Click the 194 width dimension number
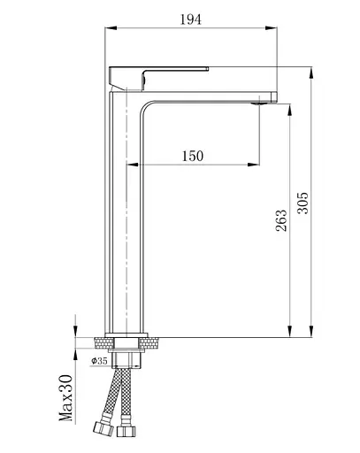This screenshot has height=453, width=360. coord(191,19)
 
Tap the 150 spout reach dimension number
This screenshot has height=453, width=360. coord(193,156)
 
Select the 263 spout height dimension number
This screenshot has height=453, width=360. coord(281,220)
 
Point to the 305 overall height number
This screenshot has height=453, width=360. coord(303,203)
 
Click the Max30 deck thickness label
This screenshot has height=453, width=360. coord(65,398)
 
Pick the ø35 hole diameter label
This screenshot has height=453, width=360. coord(99,360)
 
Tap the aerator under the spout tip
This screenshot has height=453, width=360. coord(259,104)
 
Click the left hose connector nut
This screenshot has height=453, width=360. coord(103,428)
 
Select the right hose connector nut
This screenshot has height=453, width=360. coord(126,432)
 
